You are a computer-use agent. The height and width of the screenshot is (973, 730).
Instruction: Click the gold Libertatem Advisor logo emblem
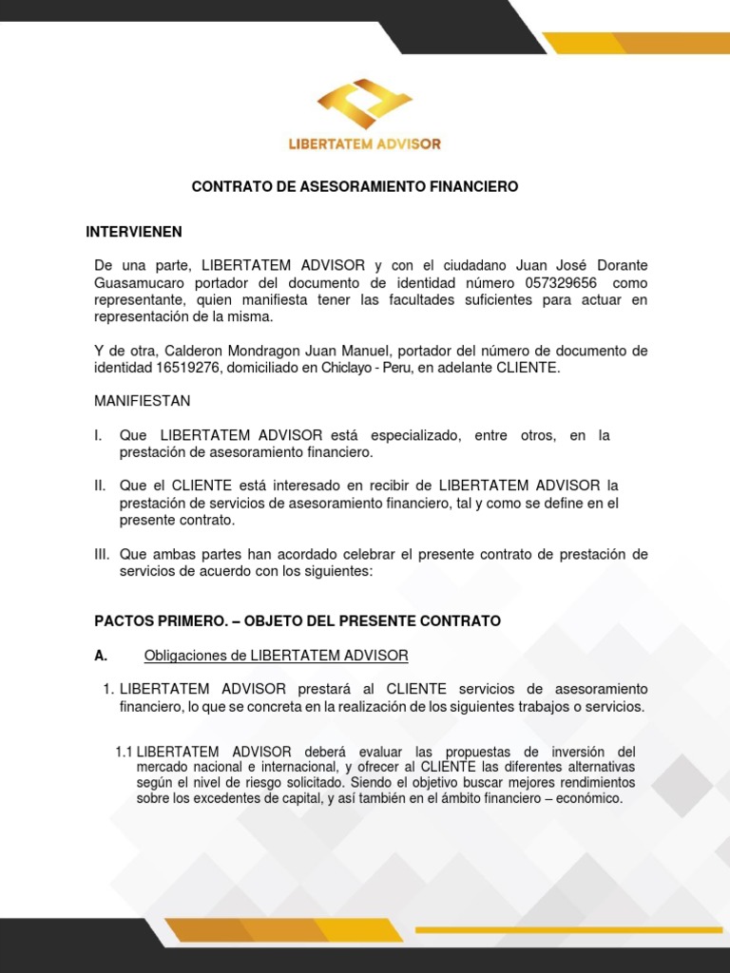[364, 104]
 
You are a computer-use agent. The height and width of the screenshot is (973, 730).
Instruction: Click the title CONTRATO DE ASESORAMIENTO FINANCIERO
[355, 187]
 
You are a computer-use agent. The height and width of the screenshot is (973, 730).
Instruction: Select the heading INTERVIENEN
[134, 232]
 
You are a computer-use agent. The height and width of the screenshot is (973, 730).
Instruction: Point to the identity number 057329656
[562, 283]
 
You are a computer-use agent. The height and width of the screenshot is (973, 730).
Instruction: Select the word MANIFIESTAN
[142, 401]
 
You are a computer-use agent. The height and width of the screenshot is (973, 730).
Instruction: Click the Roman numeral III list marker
[103, 554]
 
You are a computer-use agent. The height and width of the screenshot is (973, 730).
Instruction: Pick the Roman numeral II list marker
[101, 486]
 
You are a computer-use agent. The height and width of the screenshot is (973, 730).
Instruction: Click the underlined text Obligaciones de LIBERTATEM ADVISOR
[276, 655]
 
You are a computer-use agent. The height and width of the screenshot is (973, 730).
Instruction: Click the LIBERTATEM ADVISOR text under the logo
[364, 144]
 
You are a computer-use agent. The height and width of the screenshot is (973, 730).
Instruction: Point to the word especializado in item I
[416, 435]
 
